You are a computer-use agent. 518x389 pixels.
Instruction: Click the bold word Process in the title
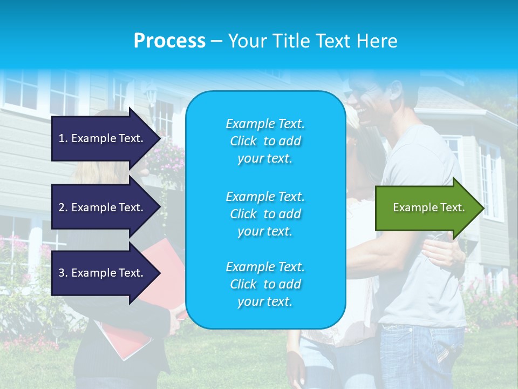[x=169, y=41]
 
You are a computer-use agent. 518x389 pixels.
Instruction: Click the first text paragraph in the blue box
[x=265, y=141]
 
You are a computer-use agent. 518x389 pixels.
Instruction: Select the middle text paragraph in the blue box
[x=265, y=214]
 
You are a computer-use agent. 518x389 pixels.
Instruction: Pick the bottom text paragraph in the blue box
[x=265, y=284]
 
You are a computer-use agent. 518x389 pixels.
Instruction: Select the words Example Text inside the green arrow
[x=428, y=207]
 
